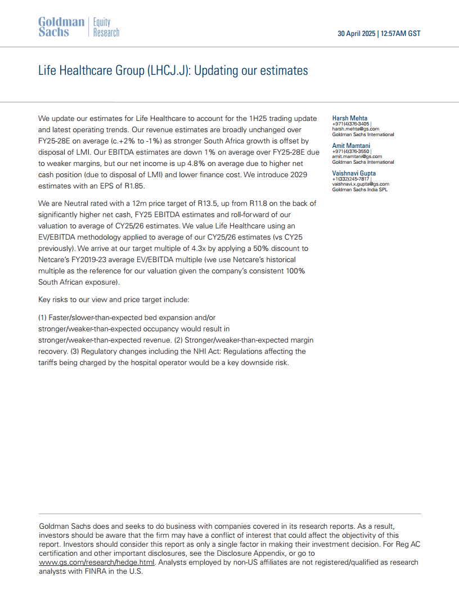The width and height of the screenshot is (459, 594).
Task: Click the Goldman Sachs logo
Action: coord(61,26)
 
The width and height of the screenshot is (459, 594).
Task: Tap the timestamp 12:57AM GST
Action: coord(400,34)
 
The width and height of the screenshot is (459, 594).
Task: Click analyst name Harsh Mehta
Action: coord(350,118)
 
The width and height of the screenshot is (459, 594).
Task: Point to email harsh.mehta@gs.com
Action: coord(355,129)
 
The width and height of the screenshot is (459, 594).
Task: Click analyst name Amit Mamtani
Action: coord(351,146)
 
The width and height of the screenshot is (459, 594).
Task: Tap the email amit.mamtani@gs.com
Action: coord(357,156)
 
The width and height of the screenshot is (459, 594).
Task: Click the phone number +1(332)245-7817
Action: coord(350,179)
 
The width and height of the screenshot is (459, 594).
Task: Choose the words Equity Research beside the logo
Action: coord(106,27)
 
